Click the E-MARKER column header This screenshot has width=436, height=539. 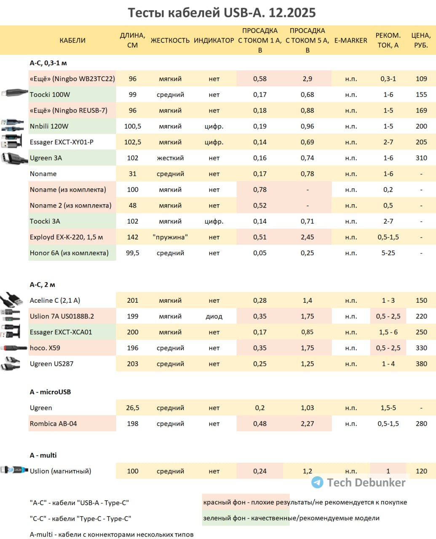tap(350, 40)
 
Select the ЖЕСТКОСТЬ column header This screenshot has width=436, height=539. tap(170, 40)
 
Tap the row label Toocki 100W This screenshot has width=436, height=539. tap(50, 94)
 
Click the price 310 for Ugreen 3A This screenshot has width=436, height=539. tap(421, 157)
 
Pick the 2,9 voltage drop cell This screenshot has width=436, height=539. tap(307, 79)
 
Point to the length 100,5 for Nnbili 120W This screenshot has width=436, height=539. tap(132, 126)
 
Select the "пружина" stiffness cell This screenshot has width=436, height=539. tap(170, 237)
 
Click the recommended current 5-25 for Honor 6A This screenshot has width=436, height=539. tap(388, 253)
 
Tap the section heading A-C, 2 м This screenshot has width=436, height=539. tap(42, 284)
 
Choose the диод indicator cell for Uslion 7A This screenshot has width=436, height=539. tap(214, 316)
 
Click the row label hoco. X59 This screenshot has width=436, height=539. tap(45, 348)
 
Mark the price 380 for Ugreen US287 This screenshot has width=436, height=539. tap(421, 363)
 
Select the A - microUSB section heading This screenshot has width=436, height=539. tap(50, 392)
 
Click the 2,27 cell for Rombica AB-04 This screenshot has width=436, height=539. tap(307, 423)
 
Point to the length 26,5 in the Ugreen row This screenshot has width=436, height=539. tap(132, 408)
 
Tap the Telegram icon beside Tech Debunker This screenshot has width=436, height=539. tap(317, 482)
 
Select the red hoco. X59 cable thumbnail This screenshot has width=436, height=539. tap(13, 348)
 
